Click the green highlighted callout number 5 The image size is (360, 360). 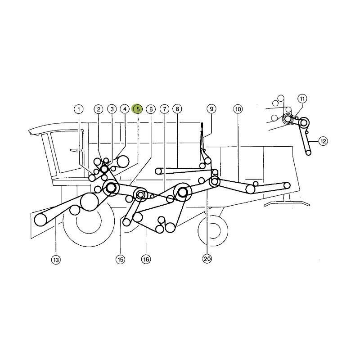[x=138, y=109]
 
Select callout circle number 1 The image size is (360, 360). [x=79, y=109]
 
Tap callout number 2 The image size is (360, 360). [x=99, y=109]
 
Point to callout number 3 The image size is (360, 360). [x=112, y=109]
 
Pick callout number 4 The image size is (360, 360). [x=125, y=109]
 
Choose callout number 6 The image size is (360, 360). [x=151, y=109]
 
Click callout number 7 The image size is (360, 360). [x=164, y=109]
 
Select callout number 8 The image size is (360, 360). [x=177, y=109]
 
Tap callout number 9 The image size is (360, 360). [x=211, y=109]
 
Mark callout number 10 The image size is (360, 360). [x=238, y=109]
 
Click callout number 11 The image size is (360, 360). [x=302, y=99]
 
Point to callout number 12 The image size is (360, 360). [x=323, y=141]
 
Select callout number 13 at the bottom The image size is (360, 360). [x=56, y=260]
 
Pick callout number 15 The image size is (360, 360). [x=120, y=260]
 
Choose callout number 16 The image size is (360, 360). [x=146, y=260]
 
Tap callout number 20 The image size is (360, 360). [x=207, y=259]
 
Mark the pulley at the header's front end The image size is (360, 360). [x=40, y=220]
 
